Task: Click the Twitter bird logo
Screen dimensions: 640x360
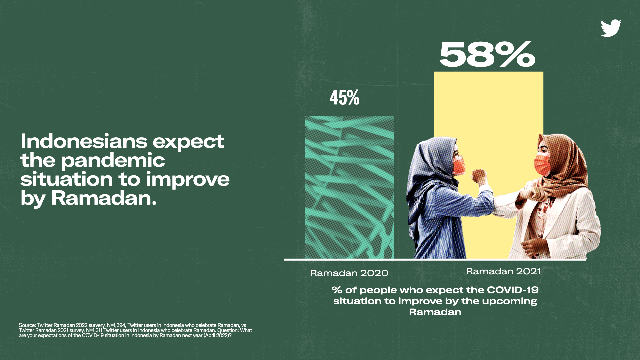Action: [x=611, y=28]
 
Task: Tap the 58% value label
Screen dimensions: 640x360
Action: [x=487, y=54]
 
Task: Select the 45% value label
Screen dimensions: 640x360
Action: [x=345, y=98]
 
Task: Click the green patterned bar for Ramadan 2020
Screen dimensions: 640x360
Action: [x=349, y=187]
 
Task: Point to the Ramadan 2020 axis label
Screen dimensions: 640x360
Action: [x=349, y=273]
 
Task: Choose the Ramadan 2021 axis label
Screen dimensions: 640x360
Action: [x=503, y=271]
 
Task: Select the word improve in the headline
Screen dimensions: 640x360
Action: [x=188, y=180]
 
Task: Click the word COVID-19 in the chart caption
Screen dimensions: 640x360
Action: [x=513, y=290]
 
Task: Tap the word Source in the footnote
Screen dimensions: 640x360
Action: [x=27, y=325]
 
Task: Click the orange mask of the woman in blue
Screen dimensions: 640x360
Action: [x=459, y=165]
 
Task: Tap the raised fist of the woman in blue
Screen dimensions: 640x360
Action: [x=479, y=176]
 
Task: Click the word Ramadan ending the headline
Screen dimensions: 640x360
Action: [x=104, y=198]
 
